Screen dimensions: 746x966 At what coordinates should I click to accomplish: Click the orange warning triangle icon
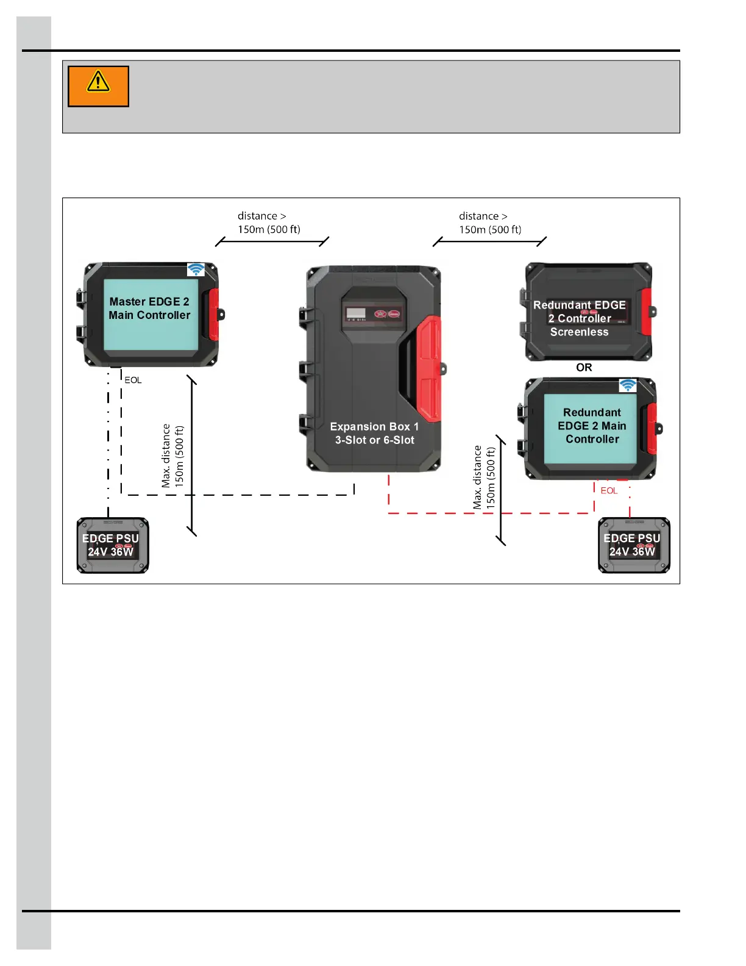[98, 82]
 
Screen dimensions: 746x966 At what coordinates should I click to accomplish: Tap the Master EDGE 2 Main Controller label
[149, 309]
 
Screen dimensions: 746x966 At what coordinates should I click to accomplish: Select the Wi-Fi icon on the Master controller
[196, 270]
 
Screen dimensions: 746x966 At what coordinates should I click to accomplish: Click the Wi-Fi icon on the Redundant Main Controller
[628, 385]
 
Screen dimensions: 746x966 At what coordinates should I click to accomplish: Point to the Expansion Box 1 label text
[374, 433]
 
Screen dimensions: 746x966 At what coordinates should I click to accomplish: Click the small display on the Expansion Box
[356, 314]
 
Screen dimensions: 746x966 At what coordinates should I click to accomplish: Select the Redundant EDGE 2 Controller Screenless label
[579, 318]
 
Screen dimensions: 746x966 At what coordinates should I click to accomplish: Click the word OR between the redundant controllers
[584, 368]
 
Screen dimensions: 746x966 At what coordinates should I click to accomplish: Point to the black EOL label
[133, 380]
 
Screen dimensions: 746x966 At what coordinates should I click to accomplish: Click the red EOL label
[609, 490]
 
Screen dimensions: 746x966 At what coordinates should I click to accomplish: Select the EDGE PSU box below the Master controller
[112, 546]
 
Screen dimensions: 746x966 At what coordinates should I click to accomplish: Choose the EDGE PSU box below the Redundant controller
[634, 546]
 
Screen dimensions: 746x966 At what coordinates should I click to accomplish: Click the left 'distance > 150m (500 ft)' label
[269, 223]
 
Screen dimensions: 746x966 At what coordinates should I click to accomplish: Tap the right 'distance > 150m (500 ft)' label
[490, 223]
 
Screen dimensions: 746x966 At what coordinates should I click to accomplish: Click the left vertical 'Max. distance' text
[172, 456]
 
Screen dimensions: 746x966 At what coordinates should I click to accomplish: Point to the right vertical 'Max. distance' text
[485, 478]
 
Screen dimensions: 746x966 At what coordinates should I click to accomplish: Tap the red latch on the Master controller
[214, 314]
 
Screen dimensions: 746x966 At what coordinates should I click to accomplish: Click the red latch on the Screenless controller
[646, 312]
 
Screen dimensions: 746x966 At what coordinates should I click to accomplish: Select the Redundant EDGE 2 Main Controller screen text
[592, 426]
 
